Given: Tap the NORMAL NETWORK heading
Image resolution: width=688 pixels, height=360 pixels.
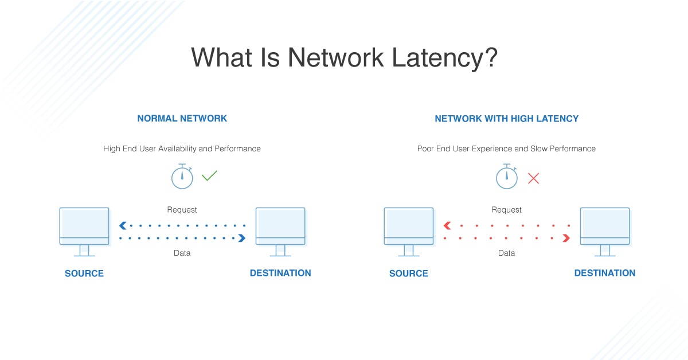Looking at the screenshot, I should pyautogui.click(x=182, y=119).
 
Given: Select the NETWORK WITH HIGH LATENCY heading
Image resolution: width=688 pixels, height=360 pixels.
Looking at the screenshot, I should pyautogui.click(x=506, y=119).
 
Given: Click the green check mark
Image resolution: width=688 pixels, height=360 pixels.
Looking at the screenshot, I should pyautogui.click(x=209, y=176).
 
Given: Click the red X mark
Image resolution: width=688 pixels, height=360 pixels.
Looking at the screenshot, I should pyautogui.click(x=533, y=178).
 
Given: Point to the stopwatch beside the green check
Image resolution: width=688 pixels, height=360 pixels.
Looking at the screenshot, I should pyautogui.click(x=182, y=177).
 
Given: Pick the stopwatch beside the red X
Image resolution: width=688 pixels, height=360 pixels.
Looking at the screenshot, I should pyautogui.click(x=506, y=177).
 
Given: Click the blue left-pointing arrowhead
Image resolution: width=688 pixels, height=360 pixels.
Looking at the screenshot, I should pyautogui.click(x=123, y=226).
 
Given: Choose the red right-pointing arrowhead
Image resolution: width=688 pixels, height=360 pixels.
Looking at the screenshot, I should pyautogui.click(x=566, y=238).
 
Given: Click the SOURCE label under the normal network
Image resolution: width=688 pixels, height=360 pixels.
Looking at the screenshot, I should pyautogui.click(x=84, y=273).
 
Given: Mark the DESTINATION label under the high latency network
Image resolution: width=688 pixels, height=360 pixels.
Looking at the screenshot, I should pyautogui.click(x=605, y=273).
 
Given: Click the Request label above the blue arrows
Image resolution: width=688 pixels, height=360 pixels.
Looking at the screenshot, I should pyautogui.click(x=182, y=210).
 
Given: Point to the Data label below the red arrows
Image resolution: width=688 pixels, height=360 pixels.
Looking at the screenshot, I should pyautogui.click(x=506, y=253).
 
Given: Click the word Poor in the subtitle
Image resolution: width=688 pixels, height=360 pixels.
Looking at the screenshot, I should pyautogui.click(x=427, y=148).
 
